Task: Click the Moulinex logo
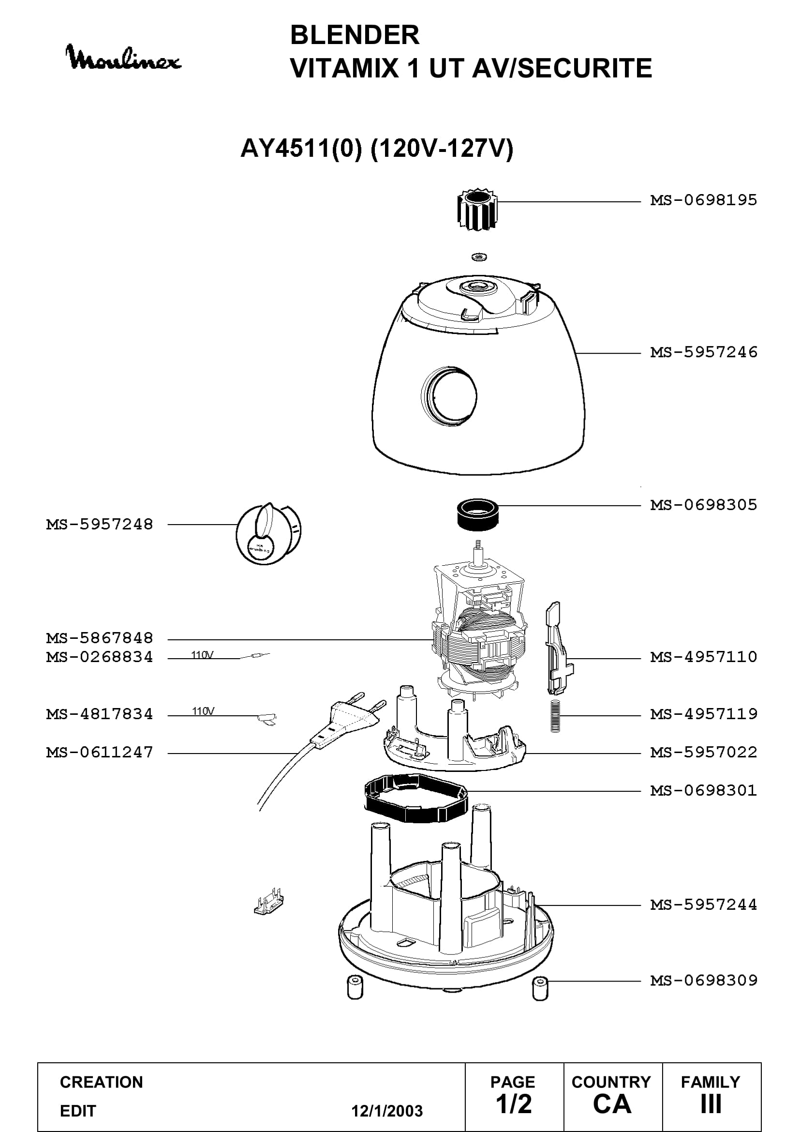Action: click(x=124, y=57)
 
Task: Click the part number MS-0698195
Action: click(x=703, y=200)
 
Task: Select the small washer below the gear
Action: click(x=478, y=257)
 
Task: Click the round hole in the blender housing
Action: click(x=449, y=394)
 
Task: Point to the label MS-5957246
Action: click(x=703, y=352)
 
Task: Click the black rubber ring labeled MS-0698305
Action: click(x=478, y=515)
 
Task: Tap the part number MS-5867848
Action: click(x=100, y=638)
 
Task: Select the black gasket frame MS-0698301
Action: click(x=416, y=798)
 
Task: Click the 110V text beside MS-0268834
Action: click(x=203, y=655)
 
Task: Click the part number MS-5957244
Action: click(x=703, y=905)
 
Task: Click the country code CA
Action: click(x=612, y=1104)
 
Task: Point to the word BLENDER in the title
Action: click(x=355, y=35)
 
